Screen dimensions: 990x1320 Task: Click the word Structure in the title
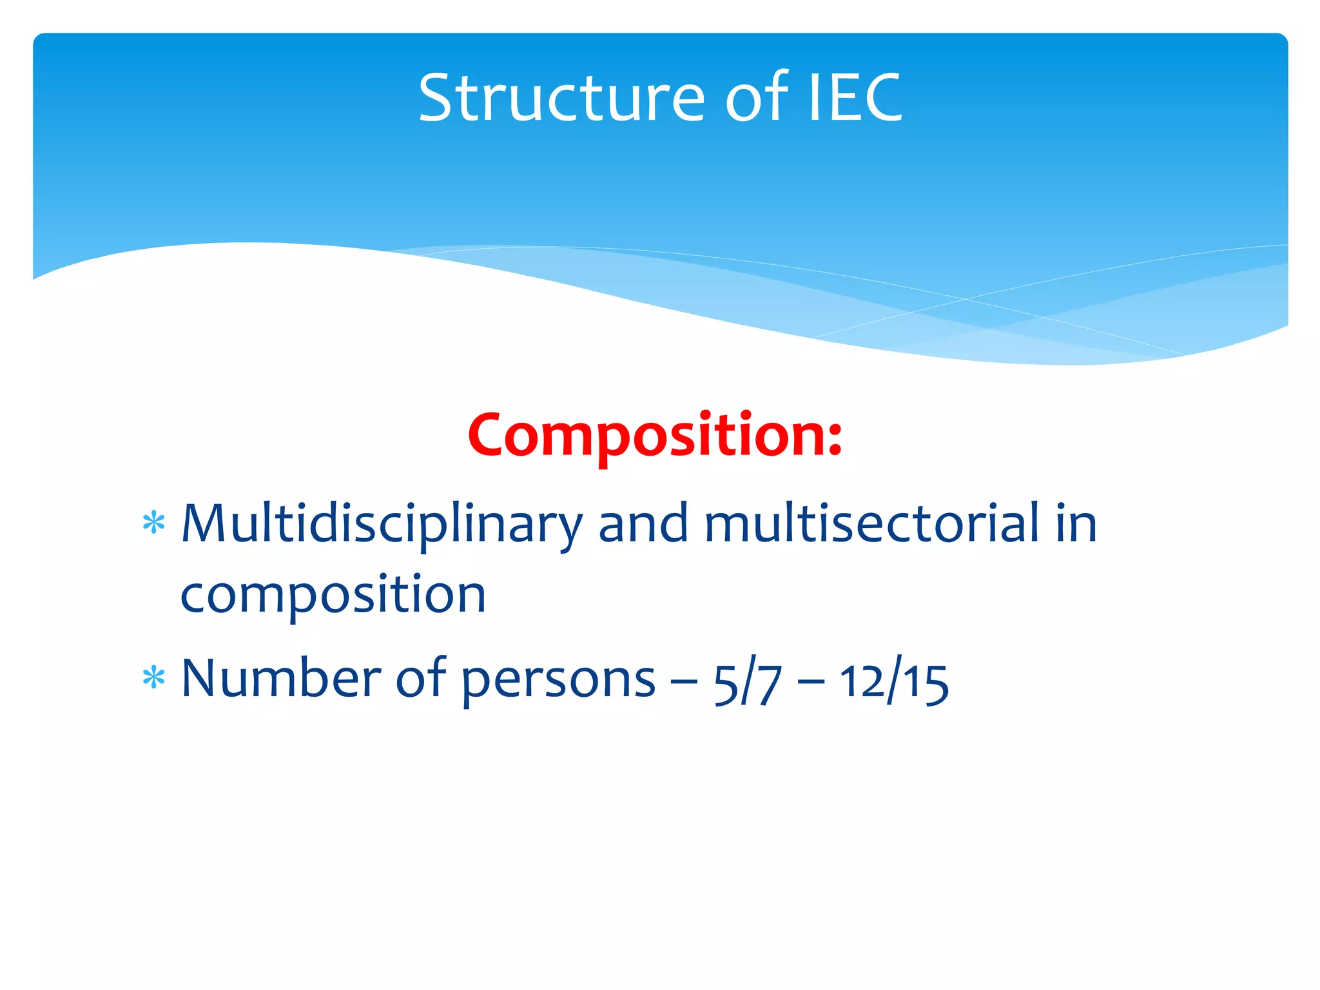click(561, 98)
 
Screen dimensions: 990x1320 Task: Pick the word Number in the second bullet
click(281, 679)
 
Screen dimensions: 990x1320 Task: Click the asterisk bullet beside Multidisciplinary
click(154, 523)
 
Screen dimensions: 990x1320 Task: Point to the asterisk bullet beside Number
click(154, 678)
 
